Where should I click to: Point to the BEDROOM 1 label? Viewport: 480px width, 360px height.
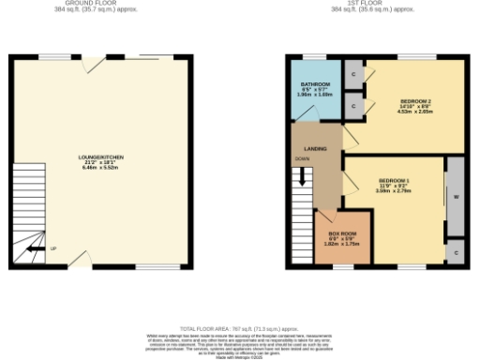pos(394,179)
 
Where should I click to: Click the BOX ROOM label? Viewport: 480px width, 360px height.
pos(342,233)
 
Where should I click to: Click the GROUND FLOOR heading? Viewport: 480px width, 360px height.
pos(103,3)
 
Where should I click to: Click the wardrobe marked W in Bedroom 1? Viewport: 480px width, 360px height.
pos(455,197)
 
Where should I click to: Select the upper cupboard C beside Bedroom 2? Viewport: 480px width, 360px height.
pos(353,74)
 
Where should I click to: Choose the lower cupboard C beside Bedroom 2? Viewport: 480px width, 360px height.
pos(353,107)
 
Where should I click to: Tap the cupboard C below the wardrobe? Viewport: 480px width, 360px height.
pos(455,254)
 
